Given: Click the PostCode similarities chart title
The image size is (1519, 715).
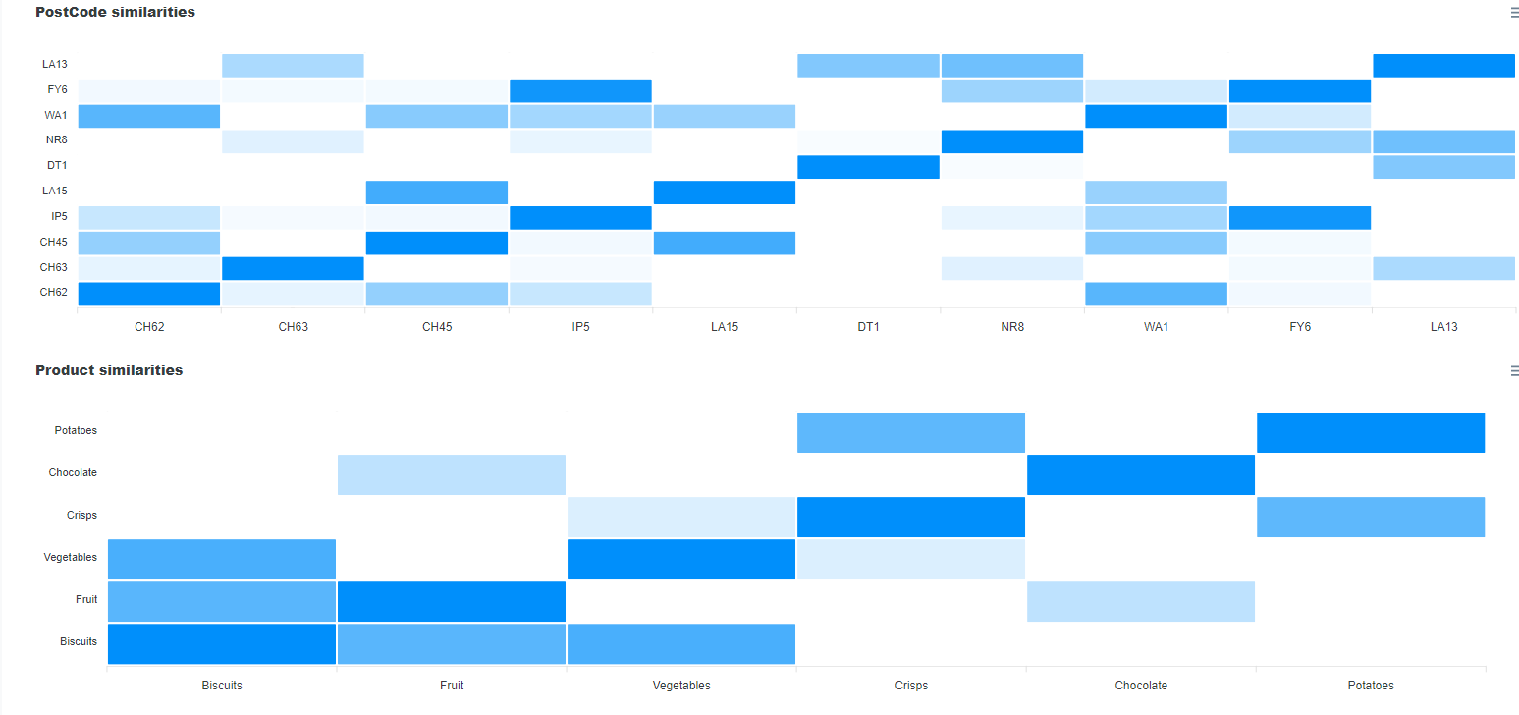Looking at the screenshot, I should coord(115,13).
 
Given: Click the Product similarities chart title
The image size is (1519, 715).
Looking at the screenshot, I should coord(109,371).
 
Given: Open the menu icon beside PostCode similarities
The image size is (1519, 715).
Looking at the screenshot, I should coord(1513,13).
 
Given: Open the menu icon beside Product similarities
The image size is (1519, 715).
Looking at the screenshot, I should coord(1513,371).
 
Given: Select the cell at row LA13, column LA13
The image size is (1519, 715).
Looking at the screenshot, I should coord(1443,66).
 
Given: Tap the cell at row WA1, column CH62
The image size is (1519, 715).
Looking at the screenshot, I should coord(148,116).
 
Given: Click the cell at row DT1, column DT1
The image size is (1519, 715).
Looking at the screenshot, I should coord(868,167).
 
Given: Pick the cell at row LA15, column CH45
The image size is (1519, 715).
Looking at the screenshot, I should coord(436,192).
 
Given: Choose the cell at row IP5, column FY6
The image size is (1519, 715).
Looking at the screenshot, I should coord(1299,218).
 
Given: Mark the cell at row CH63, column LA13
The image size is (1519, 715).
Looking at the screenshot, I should coord(1443,268).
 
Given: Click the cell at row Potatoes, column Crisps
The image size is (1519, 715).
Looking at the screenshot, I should coord(911,433).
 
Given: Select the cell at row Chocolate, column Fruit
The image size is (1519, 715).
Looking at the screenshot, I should coord(452,475).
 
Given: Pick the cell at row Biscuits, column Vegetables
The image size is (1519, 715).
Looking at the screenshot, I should coord(681,644).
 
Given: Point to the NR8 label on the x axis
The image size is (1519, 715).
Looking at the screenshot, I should coord(1012,327).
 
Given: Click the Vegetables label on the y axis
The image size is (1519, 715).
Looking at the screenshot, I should coord(71,558).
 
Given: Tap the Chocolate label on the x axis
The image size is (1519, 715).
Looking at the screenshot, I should coord(1141,686).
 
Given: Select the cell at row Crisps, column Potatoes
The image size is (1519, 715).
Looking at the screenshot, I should coord(1371,518).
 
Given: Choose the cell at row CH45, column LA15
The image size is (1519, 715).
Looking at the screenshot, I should coord(724,243).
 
